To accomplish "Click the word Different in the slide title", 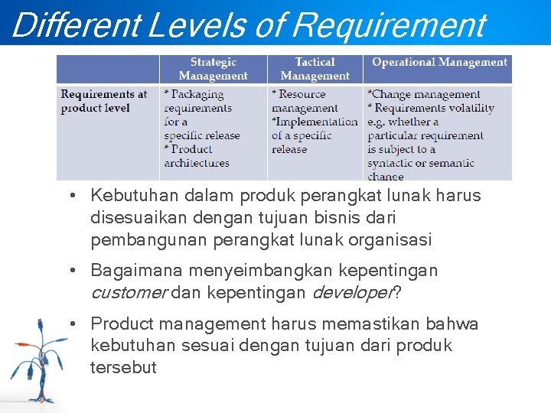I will [x=75, y=24].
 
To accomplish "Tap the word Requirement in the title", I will [x=389, y=24].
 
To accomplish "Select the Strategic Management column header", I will [x=213, y=69].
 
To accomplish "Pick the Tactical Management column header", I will [x=315, y=69].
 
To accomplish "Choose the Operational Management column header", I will [x=439, y=63].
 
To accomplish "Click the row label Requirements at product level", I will [x=104, y=101].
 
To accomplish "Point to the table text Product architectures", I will [x=196, y=156].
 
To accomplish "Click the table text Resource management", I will [x=305, y=101].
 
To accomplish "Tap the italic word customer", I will [x=129, y=292].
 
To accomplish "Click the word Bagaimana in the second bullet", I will [x=132, y=271].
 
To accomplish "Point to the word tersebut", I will [x=123, y=367].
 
